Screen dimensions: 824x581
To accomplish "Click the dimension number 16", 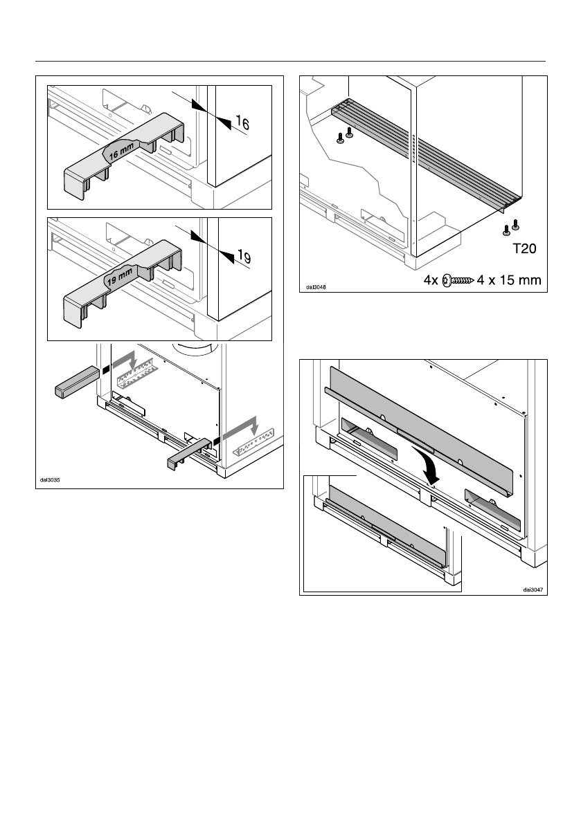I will coord(242,124).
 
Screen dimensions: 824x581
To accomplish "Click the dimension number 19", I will coord(242,257).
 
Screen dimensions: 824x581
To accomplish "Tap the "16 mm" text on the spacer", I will coord(117,154).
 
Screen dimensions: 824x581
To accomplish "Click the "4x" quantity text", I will coord(432,280).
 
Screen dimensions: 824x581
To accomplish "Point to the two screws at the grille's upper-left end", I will coord(344,136).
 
